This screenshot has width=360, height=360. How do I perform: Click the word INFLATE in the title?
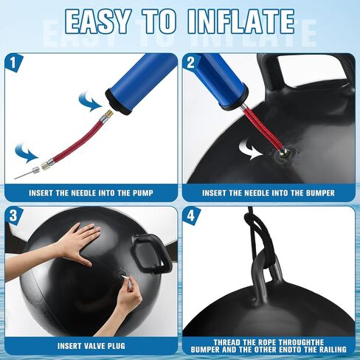click(x=242, y=21)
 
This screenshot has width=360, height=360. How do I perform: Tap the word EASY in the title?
click(x=97, y=21)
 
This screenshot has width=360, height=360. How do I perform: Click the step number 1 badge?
click(x=14, y=63)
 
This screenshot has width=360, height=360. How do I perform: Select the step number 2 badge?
click(x=191, y=63)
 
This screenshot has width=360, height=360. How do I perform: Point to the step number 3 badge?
click(x=14, y=216)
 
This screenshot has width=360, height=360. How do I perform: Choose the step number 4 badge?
click(x=191, y=216)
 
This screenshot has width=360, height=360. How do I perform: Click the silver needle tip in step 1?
click(x=15, y=179)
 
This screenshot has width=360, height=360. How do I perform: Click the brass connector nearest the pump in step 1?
click(x=108, y=114)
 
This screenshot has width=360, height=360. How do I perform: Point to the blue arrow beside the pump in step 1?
click(x=90, y=102)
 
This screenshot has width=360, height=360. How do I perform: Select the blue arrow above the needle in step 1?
click(x=26, y=153)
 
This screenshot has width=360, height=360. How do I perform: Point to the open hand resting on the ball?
click(x=75, y=245)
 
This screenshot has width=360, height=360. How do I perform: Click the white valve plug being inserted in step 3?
click(x=125, y=277)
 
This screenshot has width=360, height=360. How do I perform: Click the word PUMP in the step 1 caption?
click(x=143, y=193)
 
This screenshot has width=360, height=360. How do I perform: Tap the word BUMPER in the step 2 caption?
click(x=320, y=193)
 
